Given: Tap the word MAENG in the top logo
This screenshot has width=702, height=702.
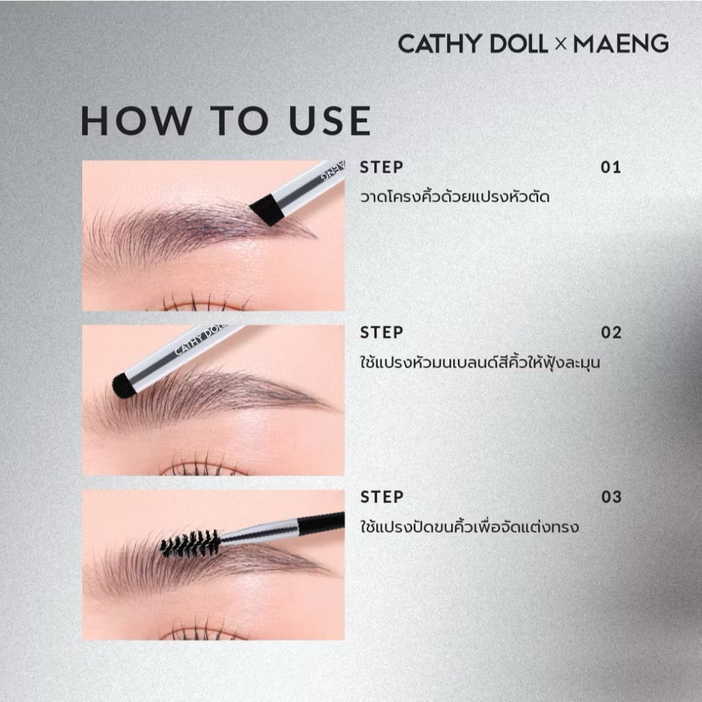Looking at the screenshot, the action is (621, 43).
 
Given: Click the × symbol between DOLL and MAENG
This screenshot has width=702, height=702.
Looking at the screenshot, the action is (561, 44).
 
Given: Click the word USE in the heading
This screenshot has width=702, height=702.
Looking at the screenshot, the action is (330, 121).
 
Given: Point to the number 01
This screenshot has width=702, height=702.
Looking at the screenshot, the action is (611, 167).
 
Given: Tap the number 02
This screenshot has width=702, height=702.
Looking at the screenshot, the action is (611, 332).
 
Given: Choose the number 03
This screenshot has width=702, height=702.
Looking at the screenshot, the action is (611, 497).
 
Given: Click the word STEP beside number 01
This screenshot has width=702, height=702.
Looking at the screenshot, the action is (381, 167).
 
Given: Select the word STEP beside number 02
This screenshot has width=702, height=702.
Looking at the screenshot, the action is (381, 332).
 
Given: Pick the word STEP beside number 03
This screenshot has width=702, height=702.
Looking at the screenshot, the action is (381, 497).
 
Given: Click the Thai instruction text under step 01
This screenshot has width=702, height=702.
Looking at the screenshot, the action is (455, 196).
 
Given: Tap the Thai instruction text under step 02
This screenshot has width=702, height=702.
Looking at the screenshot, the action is (480, 361).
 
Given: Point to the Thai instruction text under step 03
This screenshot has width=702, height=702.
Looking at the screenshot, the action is (470, 526).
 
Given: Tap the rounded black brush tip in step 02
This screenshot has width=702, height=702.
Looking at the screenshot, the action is (123, 386).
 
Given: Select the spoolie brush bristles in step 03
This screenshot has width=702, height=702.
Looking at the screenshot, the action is (191, 543).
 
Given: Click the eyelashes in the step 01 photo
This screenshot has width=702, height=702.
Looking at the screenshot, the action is (204, 302).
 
